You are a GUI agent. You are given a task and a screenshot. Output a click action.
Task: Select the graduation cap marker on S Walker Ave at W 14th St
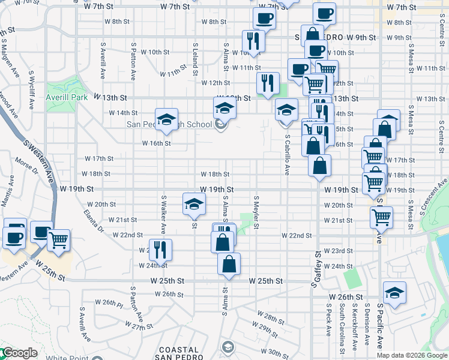(166, 118)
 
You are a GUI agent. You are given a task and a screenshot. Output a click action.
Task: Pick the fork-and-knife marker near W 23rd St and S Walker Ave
(160, 248)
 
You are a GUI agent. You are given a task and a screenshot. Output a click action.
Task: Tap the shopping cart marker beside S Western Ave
(59, 239)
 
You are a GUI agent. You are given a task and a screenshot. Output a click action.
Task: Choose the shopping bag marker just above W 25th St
(229, 263)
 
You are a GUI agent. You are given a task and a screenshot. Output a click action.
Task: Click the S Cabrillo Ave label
(288, 154)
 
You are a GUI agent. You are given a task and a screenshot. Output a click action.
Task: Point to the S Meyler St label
(256, 212)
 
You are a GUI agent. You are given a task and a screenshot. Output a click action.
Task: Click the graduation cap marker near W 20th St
(194, 204)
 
